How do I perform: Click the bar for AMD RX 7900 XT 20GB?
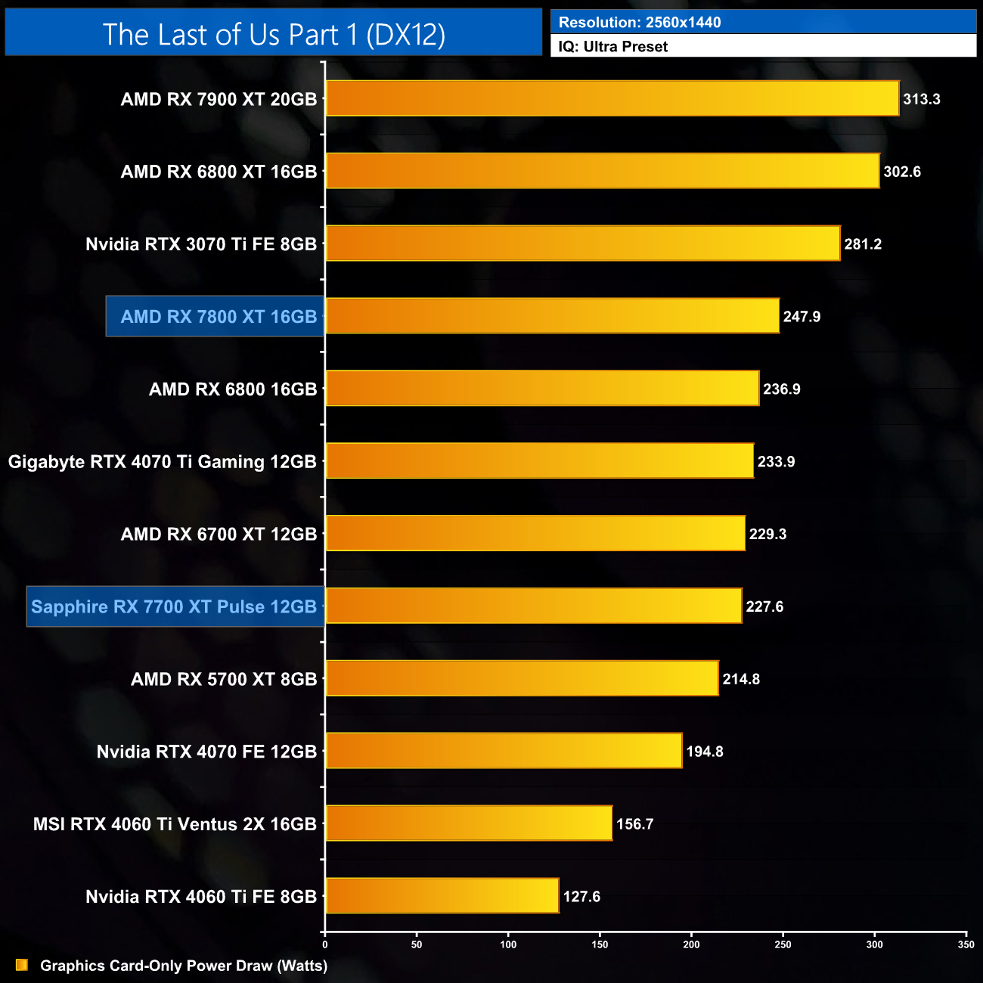click(612, 98)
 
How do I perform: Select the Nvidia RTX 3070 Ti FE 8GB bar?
click(583, 243)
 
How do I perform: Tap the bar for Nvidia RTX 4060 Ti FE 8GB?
click(442, 896)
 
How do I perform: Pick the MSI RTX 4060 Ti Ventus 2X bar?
click(469, 823)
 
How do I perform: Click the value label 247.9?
click(802, 317)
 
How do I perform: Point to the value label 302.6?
click(902, 172)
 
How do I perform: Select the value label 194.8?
click(705, 752)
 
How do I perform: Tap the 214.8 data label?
click(741, 679)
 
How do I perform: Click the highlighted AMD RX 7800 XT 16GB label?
click(219, 317)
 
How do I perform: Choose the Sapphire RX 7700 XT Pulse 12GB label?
click(174, 606)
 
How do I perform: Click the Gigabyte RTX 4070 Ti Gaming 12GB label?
click(163, 461)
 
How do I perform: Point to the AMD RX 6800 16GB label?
click(233, 389)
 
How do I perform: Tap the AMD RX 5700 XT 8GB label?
click(224, 679)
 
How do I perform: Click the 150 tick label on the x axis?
click(600, 944)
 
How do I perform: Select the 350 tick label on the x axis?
click(966, 944)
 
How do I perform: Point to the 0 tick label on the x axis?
click(325, 944)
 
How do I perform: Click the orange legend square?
click(22, 965)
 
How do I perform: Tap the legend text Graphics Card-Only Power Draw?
click(184, 966)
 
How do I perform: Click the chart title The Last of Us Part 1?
click(274, 34)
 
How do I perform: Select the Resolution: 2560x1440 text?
click(640, 22)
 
